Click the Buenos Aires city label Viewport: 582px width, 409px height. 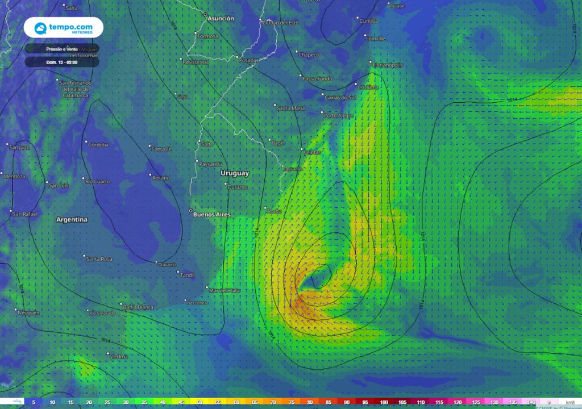[212, 215]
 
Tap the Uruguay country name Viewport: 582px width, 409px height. [235, 173]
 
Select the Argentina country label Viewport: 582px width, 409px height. [72, 219]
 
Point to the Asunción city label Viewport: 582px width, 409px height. [221, 19]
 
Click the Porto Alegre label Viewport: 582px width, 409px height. [338, 116]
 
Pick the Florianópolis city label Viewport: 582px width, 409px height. [388, 65]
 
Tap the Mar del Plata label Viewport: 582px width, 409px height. [225, 290]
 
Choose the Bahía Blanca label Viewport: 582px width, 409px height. [138, 307]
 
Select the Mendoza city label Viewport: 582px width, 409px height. [14, 176]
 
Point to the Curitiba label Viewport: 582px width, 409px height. [369, 20]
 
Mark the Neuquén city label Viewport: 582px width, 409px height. [28, 313]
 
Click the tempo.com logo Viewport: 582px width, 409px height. [63, 27]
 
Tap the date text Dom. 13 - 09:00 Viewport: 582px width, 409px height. [63, 62]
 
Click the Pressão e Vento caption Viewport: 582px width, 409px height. [61, 49]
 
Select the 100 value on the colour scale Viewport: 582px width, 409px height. [384, 402]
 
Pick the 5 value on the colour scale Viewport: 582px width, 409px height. [34, 402]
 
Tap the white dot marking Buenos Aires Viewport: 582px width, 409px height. [191, 211]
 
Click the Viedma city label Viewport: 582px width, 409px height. [119, 357]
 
